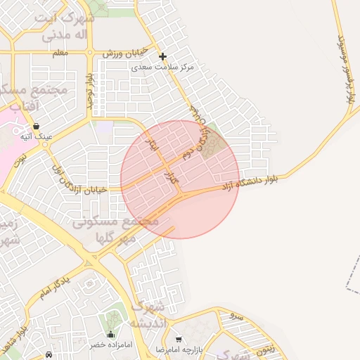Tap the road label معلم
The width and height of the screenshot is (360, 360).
(60, 53)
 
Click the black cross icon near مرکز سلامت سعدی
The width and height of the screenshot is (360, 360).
(162, 56)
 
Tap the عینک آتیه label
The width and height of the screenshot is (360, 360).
(36, 136)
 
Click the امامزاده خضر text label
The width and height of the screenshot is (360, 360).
(107, 346)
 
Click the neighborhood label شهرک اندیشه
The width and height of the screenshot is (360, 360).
(148, 314)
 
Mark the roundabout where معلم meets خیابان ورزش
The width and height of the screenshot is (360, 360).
(89, 52)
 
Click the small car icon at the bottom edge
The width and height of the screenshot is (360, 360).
(48, 355)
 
